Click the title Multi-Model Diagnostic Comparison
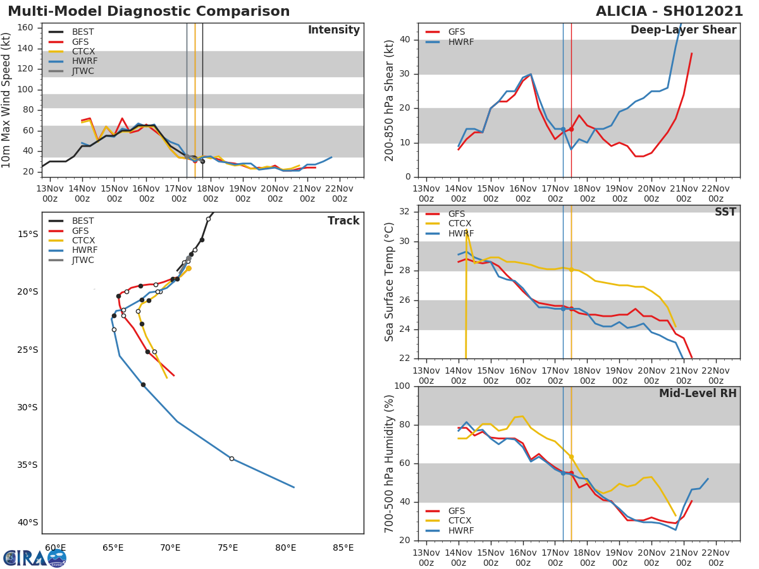(x=149, y=11)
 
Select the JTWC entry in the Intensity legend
(x=83, y=71)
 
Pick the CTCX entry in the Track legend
(x=83, y=240)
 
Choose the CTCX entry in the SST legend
(x=460, y=224)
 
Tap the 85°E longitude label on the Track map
(x=343, y=548)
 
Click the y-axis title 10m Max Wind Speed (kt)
(x=7, y=100)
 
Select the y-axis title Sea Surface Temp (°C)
(x=390, y=281)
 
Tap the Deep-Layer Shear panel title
(x=683, y=30)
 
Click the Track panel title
(x=343, y=221)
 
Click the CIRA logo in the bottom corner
(x=35, y=558)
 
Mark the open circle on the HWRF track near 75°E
(x=231, y=458)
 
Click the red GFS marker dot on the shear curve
(x=571, y=129)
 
